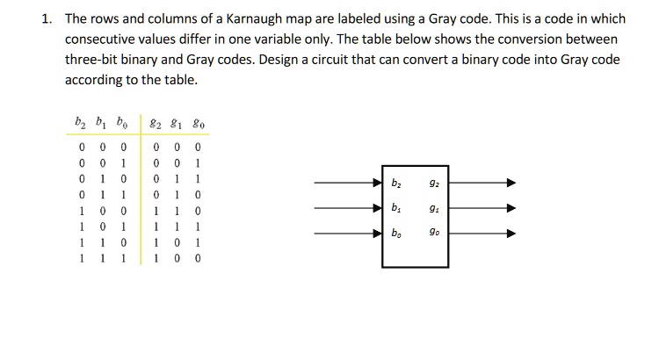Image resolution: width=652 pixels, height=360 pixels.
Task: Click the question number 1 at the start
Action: point(47,19)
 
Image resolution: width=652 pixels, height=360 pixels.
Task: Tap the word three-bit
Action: point(95,60)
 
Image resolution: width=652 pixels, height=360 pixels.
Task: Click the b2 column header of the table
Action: point(82,125)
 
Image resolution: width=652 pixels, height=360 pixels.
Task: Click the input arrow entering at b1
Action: point(348,208)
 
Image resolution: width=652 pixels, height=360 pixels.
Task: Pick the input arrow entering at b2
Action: point(348,184)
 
